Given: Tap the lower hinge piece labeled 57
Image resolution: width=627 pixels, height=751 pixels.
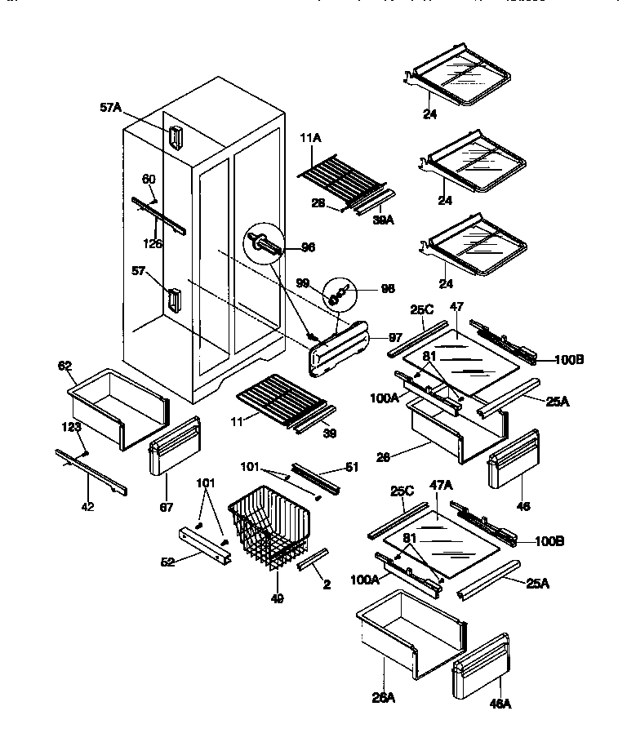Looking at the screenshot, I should point(174,300).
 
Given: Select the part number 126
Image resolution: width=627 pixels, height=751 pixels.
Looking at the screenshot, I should point(153,243).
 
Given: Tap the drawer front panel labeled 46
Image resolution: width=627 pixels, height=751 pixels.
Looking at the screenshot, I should point(513,460).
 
